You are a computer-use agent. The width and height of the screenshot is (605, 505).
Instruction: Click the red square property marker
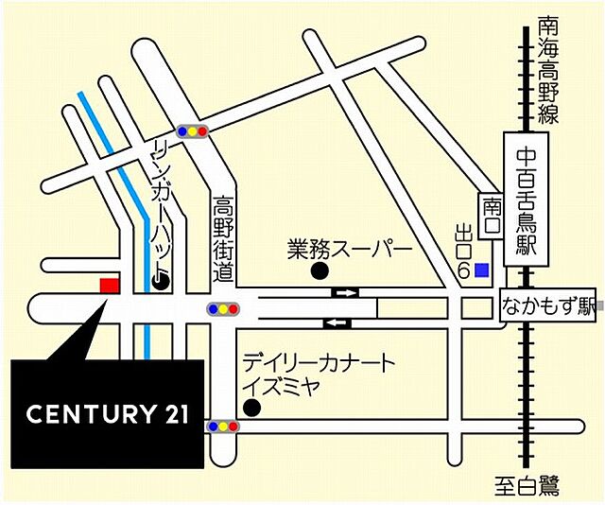tap(110, 285)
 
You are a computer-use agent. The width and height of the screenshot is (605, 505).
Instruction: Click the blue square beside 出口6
tap(482, 270)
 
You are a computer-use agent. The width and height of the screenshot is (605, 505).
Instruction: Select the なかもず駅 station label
tap(547, 305)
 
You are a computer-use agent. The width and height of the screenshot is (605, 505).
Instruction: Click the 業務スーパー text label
tap(350, 252)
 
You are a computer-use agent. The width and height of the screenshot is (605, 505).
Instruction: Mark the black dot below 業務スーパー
tap(320, 271)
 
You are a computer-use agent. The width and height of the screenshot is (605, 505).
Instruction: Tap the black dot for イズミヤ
tap(251, 408)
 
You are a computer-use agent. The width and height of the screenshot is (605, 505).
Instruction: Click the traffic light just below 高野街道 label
tap(223, 308)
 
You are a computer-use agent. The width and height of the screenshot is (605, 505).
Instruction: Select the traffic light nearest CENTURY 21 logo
tap(223, 427)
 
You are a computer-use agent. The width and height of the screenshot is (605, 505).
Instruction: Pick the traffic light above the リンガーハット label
tap(192, 131)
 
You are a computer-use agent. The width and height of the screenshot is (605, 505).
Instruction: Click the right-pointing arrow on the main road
tap(345, 292)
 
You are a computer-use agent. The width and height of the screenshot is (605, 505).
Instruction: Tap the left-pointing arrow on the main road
tap(337, 323)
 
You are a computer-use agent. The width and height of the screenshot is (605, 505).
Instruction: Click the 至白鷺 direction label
tap(527, 487)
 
